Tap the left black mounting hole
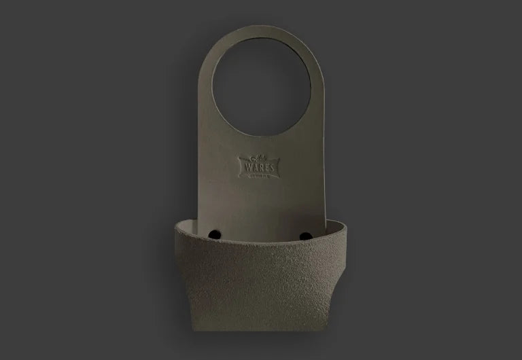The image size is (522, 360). (215, 234)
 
